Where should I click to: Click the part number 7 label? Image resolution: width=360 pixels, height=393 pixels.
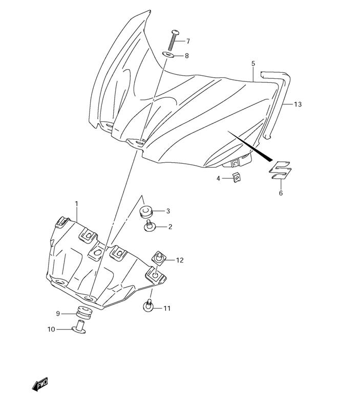(x=187, y=41)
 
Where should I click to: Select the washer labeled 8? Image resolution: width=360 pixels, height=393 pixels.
(x=168, y=55)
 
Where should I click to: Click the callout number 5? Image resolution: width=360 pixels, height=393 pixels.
(x=253, y=63)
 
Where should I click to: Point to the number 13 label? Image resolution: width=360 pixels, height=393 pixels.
(x=298, y=104)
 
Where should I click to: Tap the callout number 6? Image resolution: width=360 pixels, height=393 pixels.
(x=281, y=193)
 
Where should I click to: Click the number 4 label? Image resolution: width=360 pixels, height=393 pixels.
(x=218, y=178)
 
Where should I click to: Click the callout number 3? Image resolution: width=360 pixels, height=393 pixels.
(x=167, y=211)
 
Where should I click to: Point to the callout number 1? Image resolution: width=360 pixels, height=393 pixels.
(x=76, y=204)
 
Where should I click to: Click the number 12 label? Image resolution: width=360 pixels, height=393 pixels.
(x=179, y=260)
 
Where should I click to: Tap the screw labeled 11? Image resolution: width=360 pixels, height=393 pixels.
(x=149, y=305)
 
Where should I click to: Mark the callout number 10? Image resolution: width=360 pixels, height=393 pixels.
(x=51, y=330)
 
